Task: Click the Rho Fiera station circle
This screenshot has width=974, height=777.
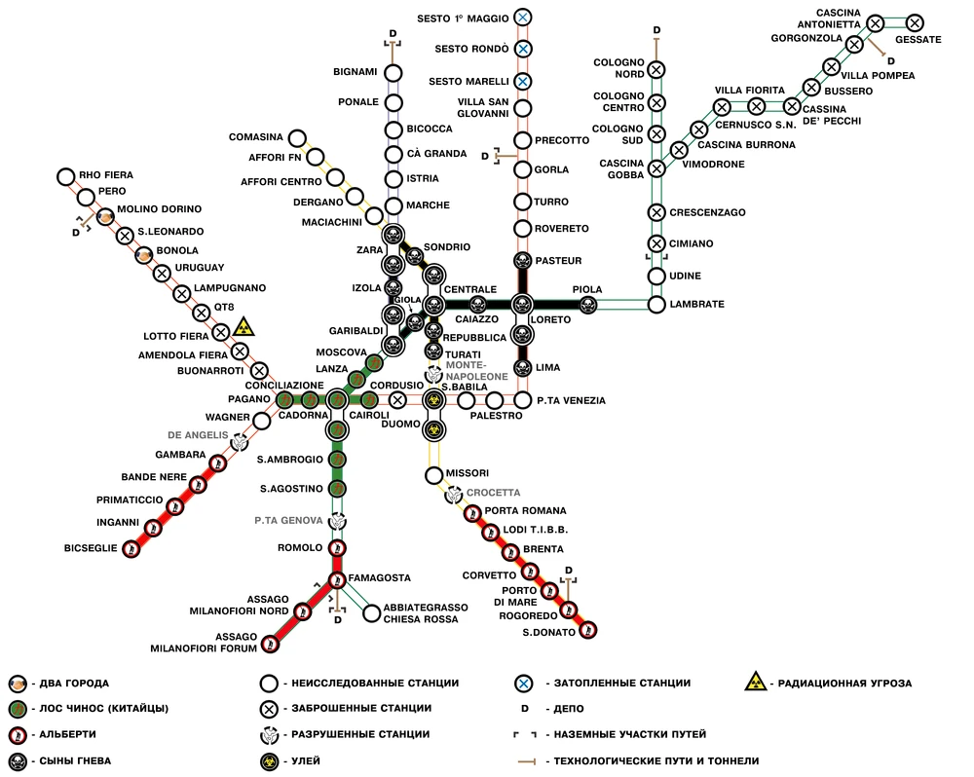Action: click(66, 177)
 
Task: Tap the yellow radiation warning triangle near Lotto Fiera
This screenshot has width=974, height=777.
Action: click(243, 327)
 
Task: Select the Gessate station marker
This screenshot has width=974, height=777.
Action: click(915, 23)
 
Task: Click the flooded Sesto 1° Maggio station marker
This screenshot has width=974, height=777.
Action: click(523, 18)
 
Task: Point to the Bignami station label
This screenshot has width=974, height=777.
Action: click(356, 72)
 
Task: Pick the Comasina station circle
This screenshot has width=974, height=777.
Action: click(297, 138)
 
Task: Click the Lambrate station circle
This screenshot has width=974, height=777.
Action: click(656, 305)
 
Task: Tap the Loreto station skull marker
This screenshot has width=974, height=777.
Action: click(522, 305)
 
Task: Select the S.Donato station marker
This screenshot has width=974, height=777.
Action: click(587, 630)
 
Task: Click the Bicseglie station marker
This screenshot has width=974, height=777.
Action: click(131, 549)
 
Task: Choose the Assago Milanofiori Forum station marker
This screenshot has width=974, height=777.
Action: click(270, 644)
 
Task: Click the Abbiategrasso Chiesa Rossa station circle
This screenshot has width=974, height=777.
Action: click(371, 613)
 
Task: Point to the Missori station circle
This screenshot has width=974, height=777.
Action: click(434, 476)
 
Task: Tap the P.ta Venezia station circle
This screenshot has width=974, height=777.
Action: click(523, 399)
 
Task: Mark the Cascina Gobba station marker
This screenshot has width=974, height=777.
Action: click(656, 168)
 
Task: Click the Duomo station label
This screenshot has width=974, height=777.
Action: click(400, 425)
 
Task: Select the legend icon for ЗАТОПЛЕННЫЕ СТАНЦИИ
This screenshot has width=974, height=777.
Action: click(525, 684)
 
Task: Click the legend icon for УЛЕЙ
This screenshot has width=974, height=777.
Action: click(269, 761)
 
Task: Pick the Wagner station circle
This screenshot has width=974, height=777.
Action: click(262, 421)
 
